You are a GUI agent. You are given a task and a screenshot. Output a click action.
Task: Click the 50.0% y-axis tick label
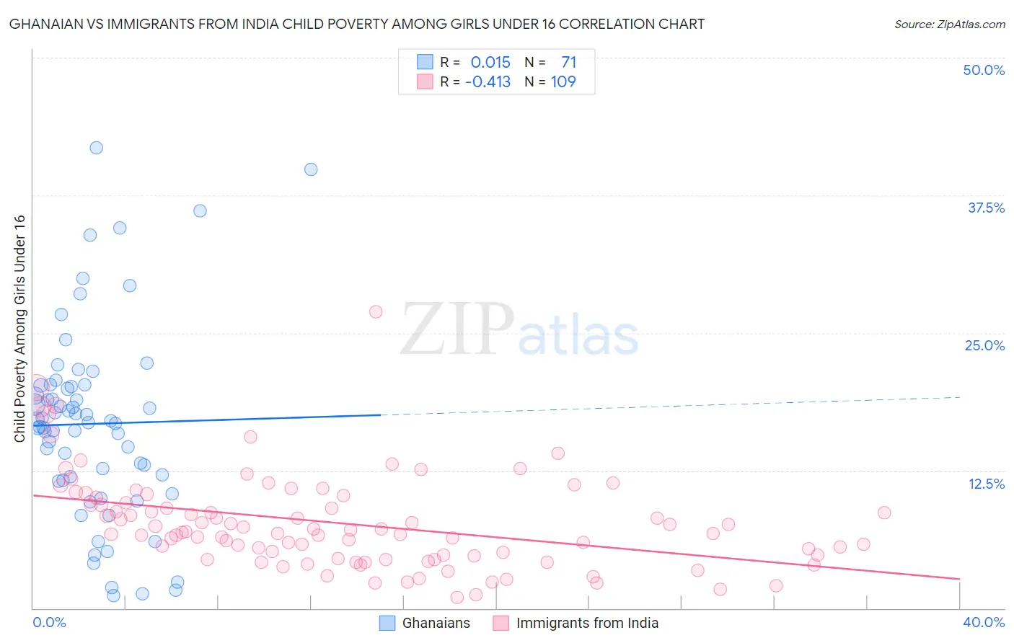pyautogui.click(x=984, y=70)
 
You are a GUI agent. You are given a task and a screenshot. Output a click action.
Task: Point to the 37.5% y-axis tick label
pyautogui.click(x=986, y=208)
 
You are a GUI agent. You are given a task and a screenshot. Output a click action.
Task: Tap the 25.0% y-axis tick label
pyautogui.click(x=984, y=345)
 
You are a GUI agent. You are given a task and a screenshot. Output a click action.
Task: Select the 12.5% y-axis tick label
pyautogui.click(x=986, y=484)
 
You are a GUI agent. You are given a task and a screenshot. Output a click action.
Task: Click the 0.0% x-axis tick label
pyautogui.click(x=49, y=622)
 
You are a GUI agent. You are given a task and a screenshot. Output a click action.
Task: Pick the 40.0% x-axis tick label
pyautogui.click(x=984, y=622)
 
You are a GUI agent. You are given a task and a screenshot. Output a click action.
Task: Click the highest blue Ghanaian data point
pyautogui.click(x=96, y=148)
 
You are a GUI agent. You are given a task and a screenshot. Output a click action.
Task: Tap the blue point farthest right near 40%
pyautogui.click(x=311, y=169)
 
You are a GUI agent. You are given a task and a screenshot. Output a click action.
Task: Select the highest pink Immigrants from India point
pyautogui.click(x=376, y=311)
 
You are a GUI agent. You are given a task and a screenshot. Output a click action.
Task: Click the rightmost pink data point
pyautogui.click(x=884, y=513)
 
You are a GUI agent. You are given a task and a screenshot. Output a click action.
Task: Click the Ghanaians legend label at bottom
pyautogui.click(x=436, y=623)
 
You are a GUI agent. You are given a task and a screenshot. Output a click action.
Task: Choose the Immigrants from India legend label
pyautogui.click(x=587, y=623)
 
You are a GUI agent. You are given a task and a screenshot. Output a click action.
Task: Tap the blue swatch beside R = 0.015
pyautogui.click(x=425, y=62)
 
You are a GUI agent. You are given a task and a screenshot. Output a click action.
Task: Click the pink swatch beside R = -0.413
pyautogui.click(x=425, y=81)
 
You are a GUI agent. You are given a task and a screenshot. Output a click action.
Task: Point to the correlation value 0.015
pyautogui.click(x=490, y=62)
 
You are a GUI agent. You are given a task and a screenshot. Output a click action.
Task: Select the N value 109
pyautogui.click(x=563, y=81)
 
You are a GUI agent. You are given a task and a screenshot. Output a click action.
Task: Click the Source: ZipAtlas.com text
pyautogui.click(x=949, y=25)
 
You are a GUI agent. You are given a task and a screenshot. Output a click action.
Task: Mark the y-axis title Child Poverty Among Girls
pyautogui.click(x=19, y=328)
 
